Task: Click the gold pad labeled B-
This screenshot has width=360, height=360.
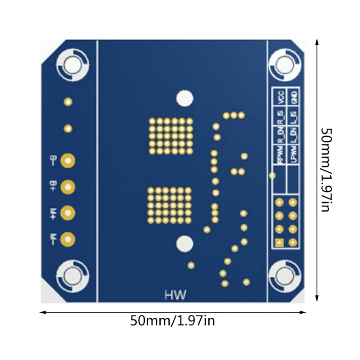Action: pyautogui.click(x=68, y=160)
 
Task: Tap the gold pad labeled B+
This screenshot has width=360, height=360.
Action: pyautogui.click(x=68, y=186)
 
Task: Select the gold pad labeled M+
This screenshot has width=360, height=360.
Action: pyautogui.click(x=68, y=212)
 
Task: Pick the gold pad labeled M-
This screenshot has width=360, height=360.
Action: pyautogui.click(x=68, y=238)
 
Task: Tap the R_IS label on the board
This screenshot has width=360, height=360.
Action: pyautogui.click(x=280, y=118)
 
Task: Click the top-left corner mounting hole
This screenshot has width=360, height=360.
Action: pyautogui.click(x=72, y=64)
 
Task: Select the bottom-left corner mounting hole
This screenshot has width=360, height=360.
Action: pyautogui.click(x=72, y=274)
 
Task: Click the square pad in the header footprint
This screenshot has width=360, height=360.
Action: pyautogui.click(x=279, y=243)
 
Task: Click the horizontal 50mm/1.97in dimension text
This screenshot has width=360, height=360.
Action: pyautogui.click(x=173, y=321)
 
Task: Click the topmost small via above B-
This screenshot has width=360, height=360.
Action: pyautogui.click(x=68, y=102)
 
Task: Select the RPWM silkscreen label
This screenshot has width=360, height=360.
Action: pyautogui.click(x=280, y=157)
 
